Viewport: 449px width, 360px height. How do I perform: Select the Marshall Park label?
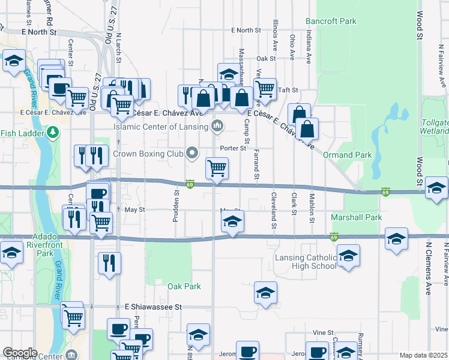tap(357, 217)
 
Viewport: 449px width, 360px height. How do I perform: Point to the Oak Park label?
tap(184, 286)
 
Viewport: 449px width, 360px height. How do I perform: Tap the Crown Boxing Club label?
tap(148, 154)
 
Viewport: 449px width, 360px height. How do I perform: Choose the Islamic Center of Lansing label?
tap(161, 127)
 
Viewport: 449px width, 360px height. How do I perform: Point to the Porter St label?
tap(234, 148)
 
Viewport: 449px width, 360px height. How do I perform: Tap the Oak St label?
tap(265, 59)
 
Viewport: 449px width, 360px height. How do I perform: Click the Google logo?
tap(20, 353)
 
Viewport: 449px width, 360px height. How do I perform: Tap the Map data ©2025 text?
tap(423, 355)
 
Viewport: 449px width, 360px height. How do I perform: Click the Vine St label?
tap(322, 332)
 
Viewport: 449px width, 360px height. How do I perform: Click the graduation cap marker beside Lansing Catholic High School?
tap(348, 256)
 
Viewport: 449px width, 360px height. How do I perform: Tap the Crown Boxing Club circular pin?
tap(192, 154)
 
